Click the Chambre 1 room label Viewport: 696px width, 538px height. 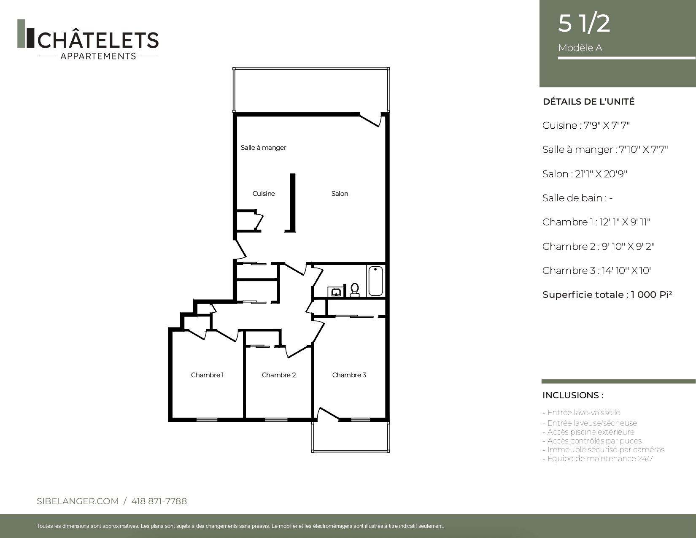pos(207,375)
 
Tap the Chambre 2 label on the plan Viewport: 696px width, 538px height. pos(279,375)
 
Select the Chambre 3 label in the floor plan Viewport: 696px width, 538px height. pos(349,375)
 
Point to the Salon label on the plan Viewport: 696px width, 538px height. pos(340,194)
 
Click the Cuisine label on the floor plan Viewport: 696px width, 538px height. pos(264,194)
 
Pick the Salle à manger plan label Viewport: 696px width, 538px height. pos(263,148)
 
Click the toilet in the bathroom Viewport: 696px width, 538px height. pos(355,289)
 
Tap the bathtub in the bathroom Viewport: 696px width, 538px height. pos(375,281)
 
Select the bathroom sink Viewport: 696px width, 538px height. pos(335,292)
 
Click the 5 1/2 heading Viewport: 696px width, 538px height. pos(584,23)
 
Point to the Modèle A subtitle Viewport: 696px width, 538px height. pos(580,48)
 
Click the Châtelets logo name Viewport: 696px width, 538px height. pos(98,40)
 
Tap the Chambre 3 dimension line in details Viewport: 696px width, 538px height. pos(596,271)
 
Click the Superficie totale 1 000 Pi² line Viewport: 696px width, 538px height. pos(607,295)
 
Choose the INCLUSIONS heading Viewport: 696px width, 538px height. pos(573,395)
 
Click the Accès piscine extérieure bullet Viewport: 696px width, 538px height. pos(588,432)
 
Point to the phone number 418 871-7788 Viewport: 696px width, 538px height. pos(159,501)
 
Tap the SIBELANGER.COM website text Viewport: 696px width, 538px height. pos(78,501)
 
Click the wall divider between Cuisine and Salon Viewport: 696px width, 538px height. pos(293,203)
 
